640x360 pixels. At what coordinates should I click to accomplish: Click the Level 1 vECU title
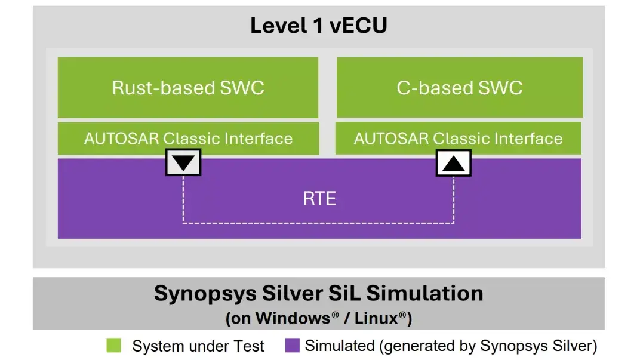tap(318, 26)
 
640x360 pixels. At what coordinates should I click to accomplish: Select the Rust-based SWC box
tap(188, 88)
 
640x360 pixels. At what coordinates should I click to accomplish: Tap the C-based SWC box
tap(460, 88)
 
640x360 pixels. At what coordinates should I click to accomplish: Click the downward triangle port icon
tap(183, 162)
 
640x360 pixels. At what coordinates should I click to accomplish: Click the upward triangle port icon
tap(454, 162)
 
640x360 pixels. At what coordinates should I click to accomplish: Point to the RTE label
tap(319, 198)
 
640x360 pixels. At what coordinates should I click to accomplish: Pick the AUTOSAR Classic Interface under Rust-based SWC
tap(188, 139)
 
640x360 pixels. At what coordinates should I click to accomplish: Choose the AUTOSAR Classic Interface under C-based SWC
tap(458, 139)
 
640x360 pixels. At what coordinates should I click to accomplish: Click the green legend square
tap(113, 345)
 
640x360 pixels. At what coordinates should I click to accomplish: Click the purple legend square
tap(292, 345)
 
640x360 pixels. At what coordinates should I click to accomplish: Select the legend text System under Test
tap(198, 346)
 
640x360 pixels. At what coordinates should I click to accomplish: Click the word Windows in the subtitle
tap(293, 318)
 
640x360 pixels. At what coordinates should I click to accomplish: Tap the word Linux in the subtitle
tap(377, 318)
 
